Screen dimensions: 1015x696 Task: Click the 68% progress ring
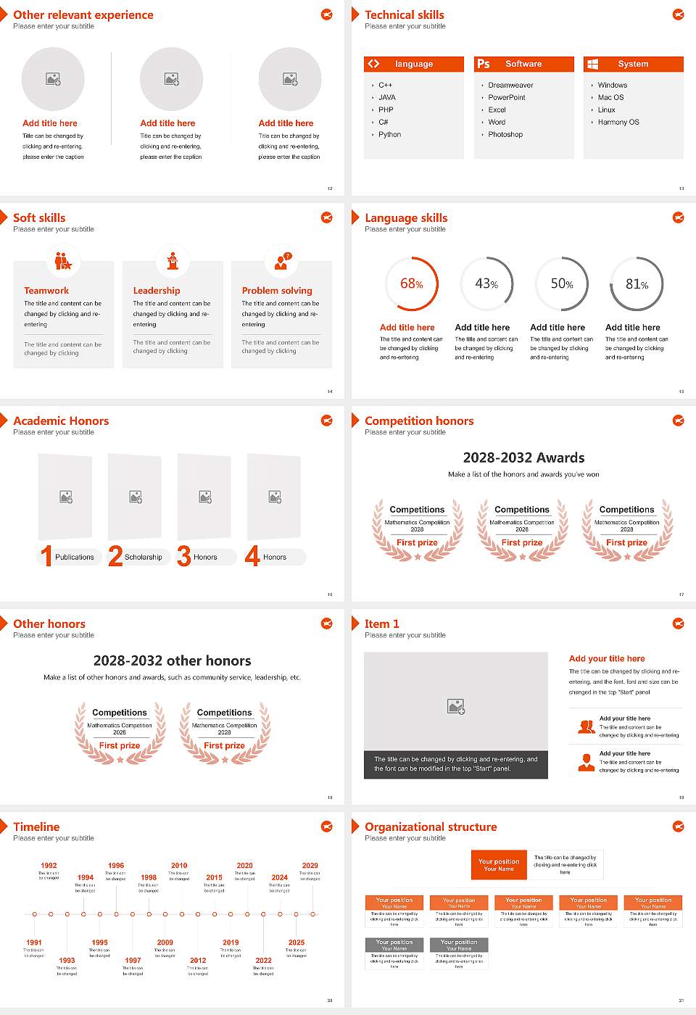click(411, 283)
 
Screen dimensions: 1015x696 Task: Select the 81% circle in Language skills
click(637, 283)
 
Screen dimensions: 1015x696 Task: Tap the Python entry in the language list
click(389, 134)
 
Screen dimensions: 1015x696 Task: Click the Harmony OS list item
click(618, 122)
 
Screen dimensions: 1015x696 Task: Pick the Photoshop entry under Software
click(505, 134)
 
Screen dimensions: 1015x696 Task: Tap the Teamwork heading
click(46, 290)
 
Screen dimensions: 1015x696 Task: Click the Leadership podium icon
click(173, 260)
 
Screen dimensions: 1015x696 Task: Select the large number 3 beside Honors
click(184, 556)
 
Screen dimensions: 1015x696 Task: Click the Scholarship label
click(143, 557)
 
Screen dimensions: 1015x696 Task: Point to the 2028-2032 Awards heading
click(523, 457)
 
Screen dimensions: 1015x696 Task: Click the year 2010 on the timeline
click(179, 865)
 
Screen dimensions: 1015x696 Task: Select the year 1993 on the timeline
click(67, 960)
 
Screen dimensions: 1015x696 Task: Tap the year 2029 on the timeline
click(310, 865)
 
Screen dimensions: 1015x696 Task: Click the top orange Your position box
click(499, 865)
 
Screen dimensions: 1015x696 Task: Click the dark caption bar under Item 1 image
click(455, 764)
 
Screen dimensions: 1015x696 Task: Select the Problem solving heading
click(277, 290)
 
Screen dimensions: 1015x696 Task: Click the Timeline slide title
click(36, 826)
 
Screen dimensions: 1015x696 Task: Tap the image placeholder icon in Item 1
click(456, 705)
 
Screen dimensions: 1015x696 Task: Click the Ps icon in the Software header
click(484, 64)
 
